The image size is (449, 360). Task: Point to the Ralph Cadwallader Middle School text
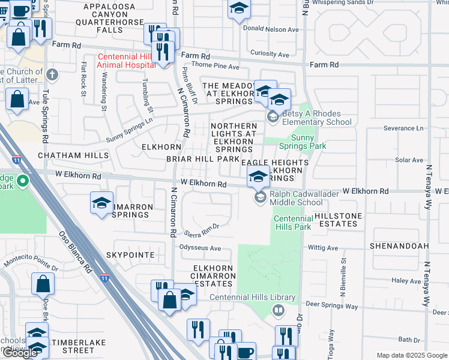click(296, 198)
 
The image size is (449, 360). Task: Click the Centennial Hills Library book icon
click(278, 310)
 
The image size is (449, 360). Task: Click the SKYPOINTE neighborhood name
click(130, 255)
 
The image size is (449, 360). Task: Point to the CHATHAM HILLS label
click(73, 155)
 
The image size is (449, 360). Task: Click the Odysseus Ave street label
click(200, 248)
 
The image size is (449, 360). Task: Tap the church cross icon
click(52, 75)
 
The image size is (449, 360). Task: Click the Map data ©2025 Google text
click(411, 355)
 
